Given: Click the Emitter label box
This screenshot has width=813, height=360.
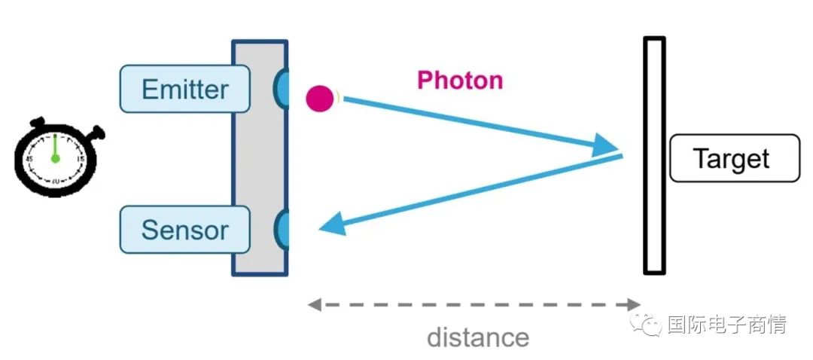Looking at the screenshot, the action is tap(184, 89).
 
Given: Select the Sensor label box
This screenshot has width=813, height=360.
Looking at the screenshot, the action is tap(184, 230).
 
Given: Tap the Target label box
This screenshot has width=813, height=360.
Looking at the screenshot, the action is tap(735, 158).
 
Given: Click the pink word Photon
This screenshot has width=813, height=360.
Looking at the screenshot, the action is tap(460, 81).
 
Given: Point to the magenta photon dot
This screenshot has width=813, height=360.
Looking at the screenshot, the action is tap(320, 99).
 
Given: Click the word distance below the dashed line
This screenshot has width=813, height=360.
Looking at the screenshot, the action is tap(477, 337).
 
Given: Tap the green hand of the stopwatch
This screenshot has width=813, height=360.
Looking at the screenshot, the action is tap(55, 148).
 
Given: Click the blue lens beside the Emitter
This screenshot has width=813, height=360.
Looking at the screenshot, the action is tap(281, 89).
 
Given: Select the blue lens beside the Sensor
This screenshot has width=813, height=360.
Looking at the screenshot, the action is tap(281, 230).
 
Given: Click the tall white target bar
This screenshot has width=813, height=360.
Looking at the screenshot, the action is tap(654, 155).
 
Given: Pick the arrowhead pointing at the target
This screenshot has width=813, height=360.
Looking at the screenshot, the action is tap(607, 145).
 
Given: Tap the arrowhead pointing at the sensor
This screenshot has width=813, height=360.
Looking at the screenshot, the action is tap(333, 226).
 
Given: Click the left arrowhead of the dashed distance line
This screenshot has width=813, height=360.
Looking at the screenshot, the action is tap(314, 304).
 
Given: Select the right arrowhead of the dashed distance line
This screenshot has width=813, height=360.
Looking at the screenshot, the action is tap(634, 304).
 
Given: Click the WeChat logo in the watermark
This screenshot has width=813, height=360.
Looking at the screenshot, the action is tap(646, 324).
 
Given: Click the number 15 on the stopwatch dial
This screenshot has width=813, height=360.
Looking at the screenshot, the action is tap(81, 159).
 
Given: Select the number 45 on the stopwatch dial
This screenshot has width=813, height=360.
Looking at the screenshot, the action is tap(31, 158).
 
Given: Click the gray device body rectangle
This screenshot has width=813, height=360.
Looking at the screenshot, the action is tap(260, 157).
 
